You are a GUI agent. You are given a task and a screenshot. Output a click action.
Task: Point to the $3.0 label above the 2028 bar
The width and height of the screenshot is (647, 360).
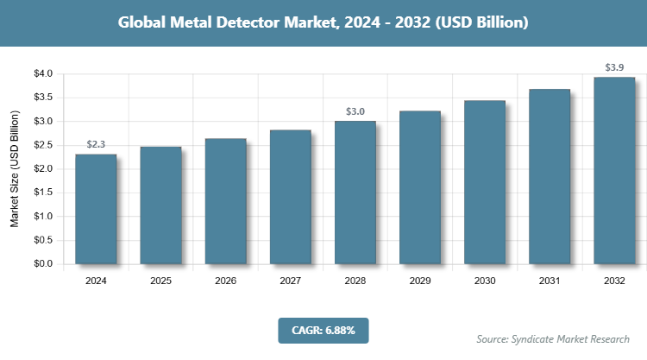click(x=355, y=111)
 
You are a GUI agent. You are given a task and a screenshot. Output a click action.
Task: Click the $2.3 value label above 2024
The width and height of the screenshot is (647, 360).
click(x=96, y=144)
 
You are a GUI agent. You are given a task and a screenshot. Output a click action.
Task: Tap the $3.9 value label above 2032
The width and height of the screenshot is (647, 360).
click(x=614, y=66)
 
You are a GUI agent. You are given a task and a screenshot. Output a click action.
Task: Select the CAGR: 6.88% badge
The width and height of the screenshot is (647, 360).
click(x=323, y=330)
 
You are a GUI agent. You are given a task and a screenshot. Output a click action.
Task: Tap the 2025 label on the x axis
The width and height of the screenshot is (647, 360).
click(x=160, y=281)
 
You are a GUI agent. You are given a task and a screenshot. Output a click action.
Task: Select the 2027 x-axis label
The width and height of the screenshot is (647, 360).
click(x=290, y=281)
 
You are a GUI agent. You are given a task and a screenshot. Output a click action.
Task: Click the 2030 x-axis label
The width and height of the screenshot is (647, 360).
click(x=485, y=281)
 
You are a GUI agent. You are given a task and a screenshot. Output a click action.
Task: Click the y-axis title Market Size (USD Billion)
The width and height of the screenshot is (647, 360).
click(x=15, y=169)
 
